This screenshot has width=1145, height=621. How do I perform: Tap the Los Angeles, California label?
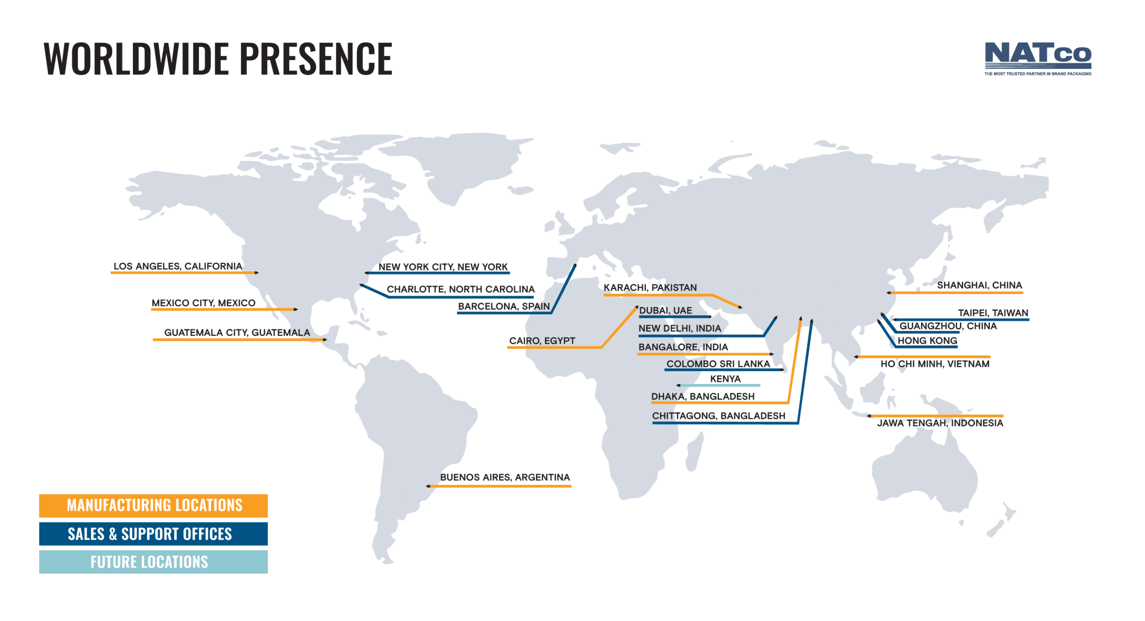(178, 266)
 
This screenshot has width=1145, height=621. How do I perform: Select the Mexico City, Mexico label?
(204, 303)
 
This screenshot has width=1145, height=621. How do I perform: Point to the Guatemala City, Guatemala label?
(237, 332)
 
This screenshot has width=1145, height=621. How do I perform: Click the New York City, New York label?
(443, 267)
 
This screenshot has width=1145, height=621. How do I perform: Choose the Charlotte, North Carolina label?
(460, 289)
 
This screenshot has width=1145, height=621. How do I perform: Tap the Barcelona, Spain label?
(504, 306)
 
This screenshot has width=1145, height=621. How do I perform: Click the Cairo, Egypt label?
(542, 341)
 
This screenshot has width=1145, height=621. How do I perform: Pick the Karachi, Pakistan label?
(650, 287)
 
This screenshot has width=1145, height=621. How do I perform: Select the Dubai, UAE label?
(665, 310)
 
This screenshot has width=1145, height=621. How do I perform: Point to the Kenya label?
(725, 379)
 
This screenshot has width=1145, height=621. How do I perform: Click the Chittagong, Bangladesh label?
(718, 416)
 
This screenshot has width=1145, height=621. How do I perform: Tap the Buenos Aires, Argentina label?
(505, 477)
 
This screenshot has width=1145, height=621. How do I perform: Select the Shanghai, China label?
(980, 285)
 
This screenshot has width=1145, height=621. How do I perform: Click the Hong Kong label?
(927, 341)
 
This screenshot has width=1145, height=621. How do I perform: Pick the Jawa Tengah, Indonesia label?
(940, 423)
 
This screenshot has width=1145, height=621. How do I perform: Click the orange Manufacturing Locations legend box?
(153, 506)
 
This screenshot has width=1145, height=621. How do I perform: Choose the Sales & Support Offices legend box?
(153, 534)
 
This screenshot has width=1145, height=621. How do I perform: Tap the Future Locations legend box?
(153, 562)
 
